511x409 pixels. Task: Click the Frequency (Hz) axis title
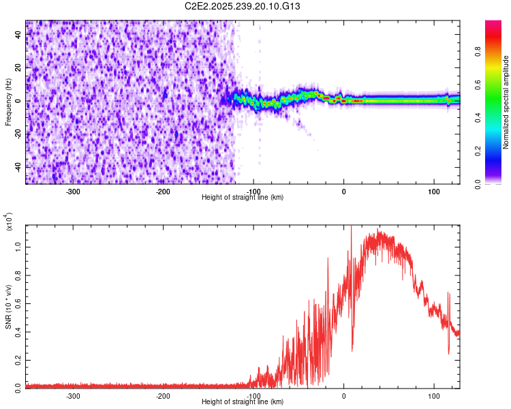[9, 102]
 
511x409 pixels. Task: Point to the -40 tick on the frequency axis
[18, 166]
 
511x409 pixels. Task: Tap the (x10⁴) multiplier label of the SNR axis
[9, 221]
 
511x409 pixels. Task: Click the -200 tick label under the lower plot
[163, 395]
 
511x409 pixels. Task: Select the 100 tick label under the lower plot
[434, 395]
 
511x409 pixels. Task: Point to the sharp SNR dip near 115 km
[448, 352]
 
